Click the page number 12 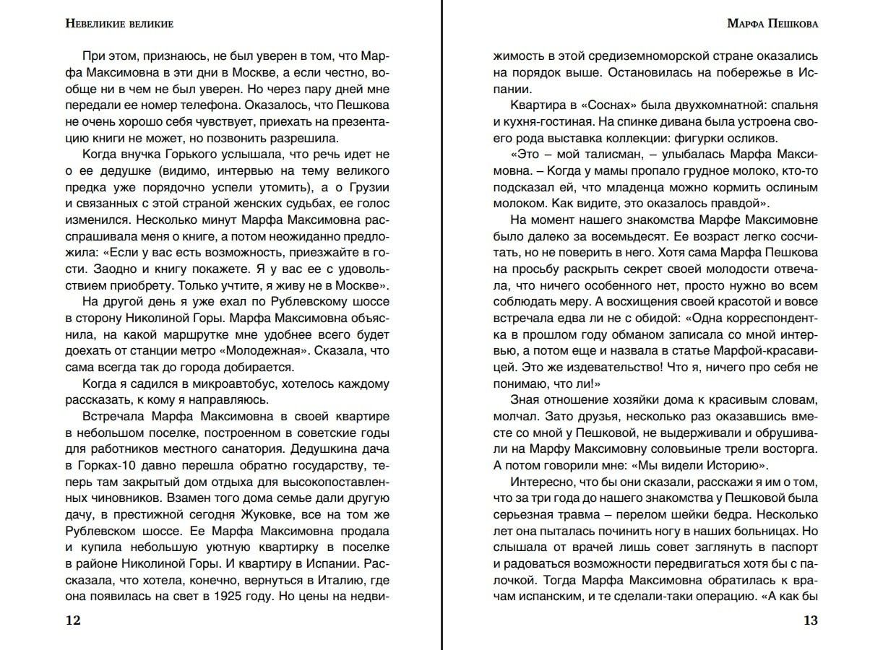pos(72,621)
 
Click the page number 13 pos(810,621)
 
